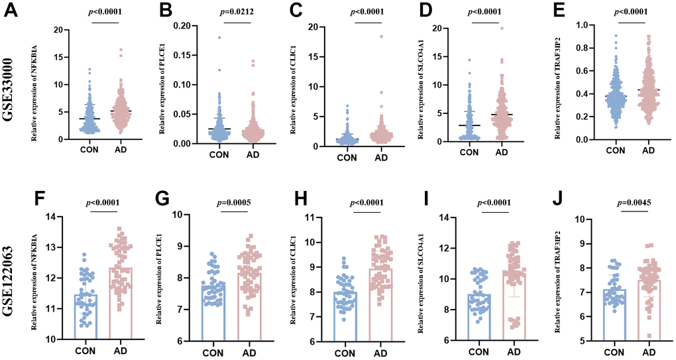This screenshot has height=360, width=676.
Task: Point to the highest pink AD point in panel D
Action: tap(502, 29)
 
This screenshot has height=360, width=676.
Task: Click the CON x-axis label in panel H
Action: tap(346, 353)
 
